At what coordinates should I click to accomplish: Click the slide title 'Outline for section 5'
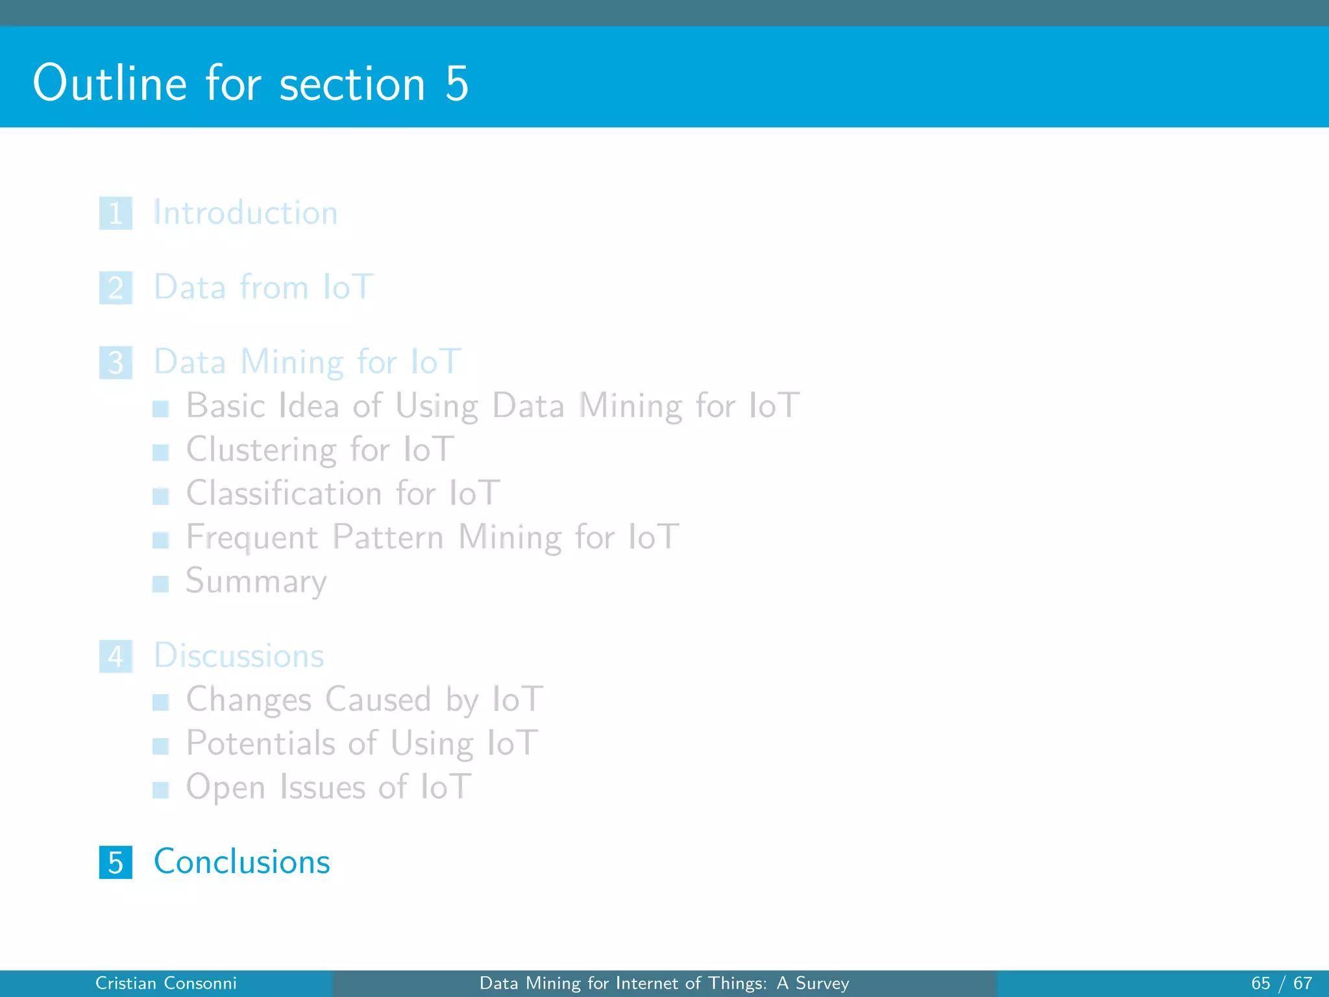tap(250, 84)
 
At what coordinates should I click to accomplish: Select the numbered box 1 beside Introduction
tap(116, 214)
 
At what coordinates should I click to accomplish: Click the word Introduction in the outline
tap(245, 213)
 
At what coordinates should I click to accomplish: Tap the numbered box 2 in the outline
tap(116, 288)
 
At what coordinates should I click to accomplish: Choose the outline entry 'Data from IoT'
tap(263, 288)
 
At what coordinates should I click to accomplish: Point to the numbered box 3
tap(116, 363)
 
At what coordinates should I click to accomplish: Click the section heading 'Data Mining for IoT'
tap(307, 362)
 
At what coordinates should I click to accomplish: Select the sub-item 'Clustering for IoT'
tap(320, 449)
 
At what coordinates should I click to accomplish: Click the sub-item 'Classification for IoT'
tap(343, 493)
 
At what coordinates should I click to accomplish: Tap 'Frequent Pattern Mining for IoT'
tap(432, 537)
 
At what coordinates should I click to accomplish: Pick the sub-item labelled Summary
tap(256, 581)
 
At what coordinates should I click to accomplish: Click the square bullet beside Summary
tap(160, 584)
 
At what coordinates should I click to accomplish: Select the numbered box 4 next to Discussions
tap(116, 657)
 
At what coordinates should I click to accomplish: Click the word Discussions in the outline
tap(239, 656)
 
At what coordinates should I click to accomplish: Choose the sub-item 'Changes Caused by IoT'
tap(364, 700)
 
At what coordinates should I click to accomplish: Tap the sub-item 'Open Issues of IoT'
tap(328, 787)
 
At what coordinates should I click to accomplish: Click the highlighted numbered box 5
tap(116, 863)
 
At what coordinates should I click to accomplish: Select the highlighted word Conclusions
tap(241, 862)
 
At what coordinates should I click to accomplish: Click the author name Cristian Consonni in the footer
tap(166, 983)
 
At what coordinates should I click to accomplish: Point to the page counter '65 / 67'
tap(1281, 983)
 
